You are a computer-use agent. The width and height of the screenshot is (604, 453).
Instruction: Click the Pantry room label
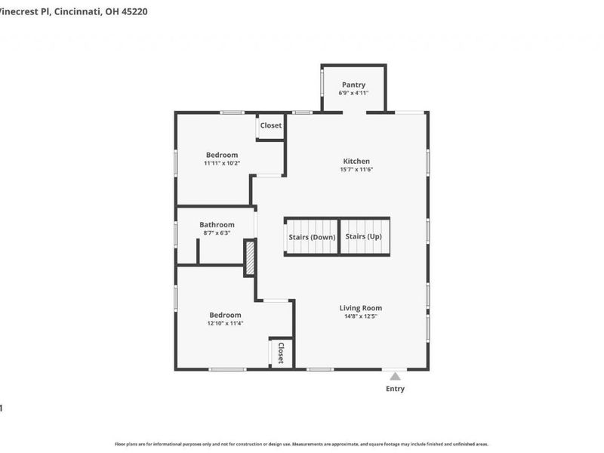(x=353, y=85)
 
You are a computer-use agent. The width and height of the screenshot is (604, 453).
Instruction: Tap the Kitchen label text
(x=356, y=161)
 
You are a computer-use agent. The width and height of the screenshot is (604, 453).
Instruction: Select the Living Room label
(x=360, y=307)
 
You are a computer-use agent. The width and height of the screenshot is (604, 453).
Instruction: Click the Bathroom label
(x=217, y=224)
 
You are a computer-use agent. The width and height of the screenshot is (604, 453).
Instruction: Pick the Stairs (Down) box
(x=312, y=237)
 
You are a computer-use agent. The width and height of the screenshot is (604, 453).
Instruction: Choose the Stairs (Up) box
(x=364, y=237)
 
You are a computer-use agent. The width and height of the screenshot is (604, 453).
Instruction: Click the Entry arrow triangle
(x=395, y=374)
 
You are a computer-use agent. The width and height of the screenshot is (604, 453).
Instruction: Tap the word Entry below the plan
(x=395, y=389)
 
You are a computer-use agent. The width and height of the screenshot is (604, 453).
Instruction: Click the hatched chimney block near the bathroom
(x=250, y=257)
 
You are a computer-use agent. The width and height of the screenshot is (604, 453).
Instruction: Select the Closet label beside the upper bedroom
(x=270, y=125)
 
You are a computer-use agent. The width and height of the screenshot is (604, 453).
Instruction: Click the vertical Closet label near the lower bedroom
(x=280, y=353)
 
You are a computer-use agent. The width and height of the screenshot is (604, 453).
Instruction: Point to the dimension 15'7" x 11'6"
(x=356, y=169)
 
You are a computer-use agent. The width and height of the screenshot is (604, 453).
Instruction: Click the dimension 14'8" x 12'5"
(x=360, y=316)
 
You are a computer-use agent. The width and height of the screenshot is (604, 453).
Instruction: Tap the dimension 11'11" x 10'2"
(x=222, y=163)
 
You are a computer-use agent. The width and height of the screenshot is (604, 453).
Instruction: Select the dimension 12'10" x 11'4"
(x=225, y=323)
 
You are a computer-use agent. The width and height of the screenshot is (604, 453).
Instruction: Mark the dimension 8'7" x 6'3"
(x=217, y=233)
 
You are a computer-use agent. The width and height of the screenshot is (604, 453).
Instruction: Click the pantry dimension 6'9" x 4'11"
(x=353, y=92)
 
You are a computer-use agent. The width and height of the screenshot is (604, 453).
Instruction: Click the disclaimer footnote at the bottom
(x=301, y=444)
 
